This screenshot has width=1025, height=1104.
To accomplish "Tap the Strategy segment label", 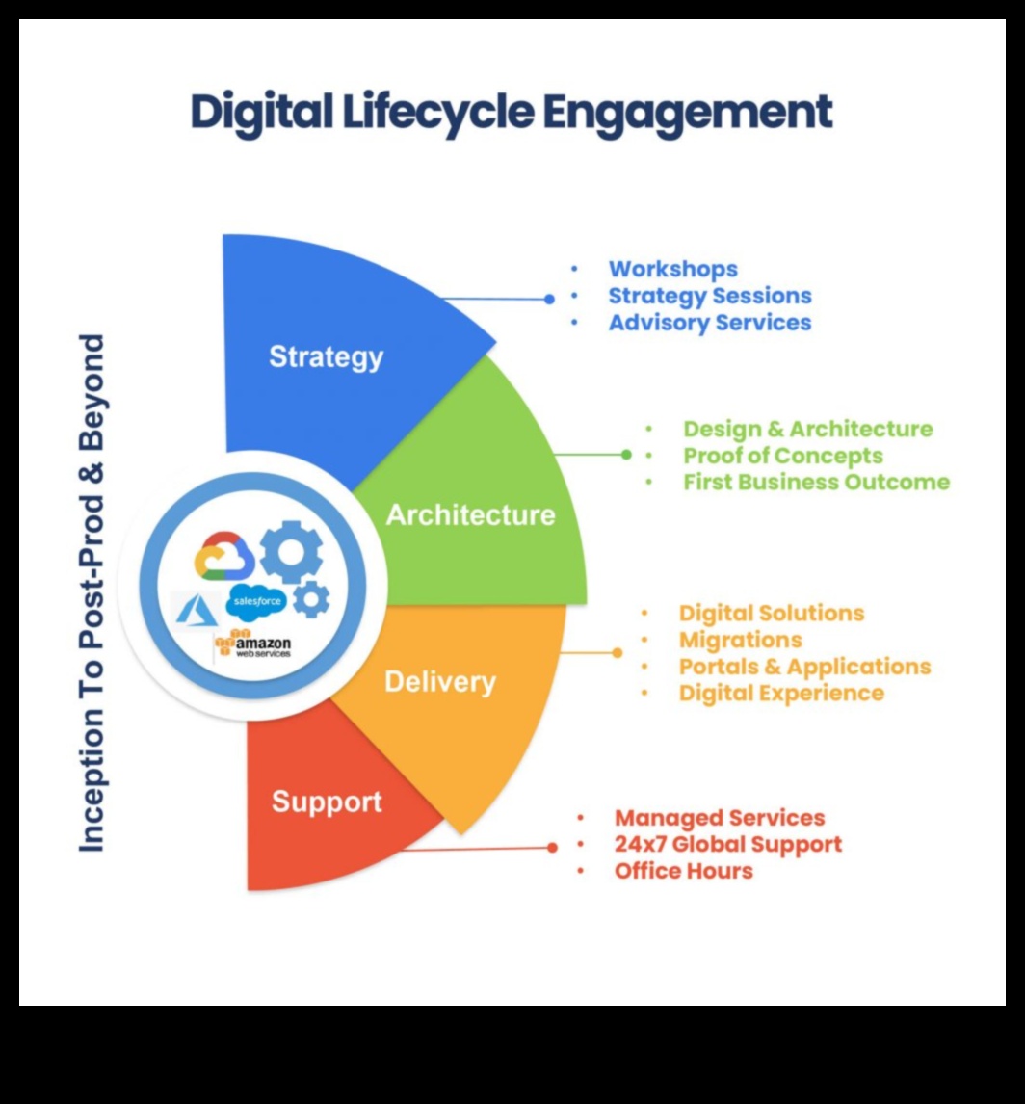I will tap(326, 356).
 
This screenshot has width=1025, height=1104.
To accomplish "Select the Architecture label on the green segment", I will tap(470, 514).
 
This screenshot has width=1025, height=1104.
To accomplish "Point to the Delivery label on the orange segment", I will tap(439, 682).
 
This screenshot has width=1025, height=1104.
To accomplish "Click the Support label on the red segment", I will tap(327, 801).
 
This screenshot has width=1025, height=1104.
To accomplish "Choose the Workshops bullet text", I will tap(672, 270).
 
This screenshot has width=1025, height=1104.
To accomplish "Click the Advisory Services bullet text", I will tap(709, 322).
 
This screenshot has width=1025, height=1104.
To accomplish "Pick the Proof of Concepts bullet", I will tap(782, 455).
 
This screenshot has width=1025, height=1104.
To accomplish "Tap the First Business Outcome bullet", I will tap(816, 482).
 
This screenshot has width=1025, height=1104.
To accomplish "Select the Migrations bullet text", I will tap(740, 640).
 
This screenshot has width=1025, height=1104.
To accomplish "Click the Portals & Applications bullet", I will tap(804, 667).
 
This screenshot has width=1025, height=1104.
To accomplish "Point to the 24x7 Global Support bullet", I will tap(727, 844).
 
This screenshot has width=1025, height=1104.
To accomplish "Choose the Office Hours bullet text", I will tap(683, 871).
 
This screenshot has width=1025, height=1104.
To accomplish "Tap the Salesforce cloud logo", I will tap(256, 601).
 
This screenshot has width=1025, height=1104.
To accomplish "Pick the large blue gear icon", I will tap(291, 550).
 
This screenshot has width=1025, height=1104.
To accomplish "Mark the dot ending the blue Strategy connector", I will tap(549, 299).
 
